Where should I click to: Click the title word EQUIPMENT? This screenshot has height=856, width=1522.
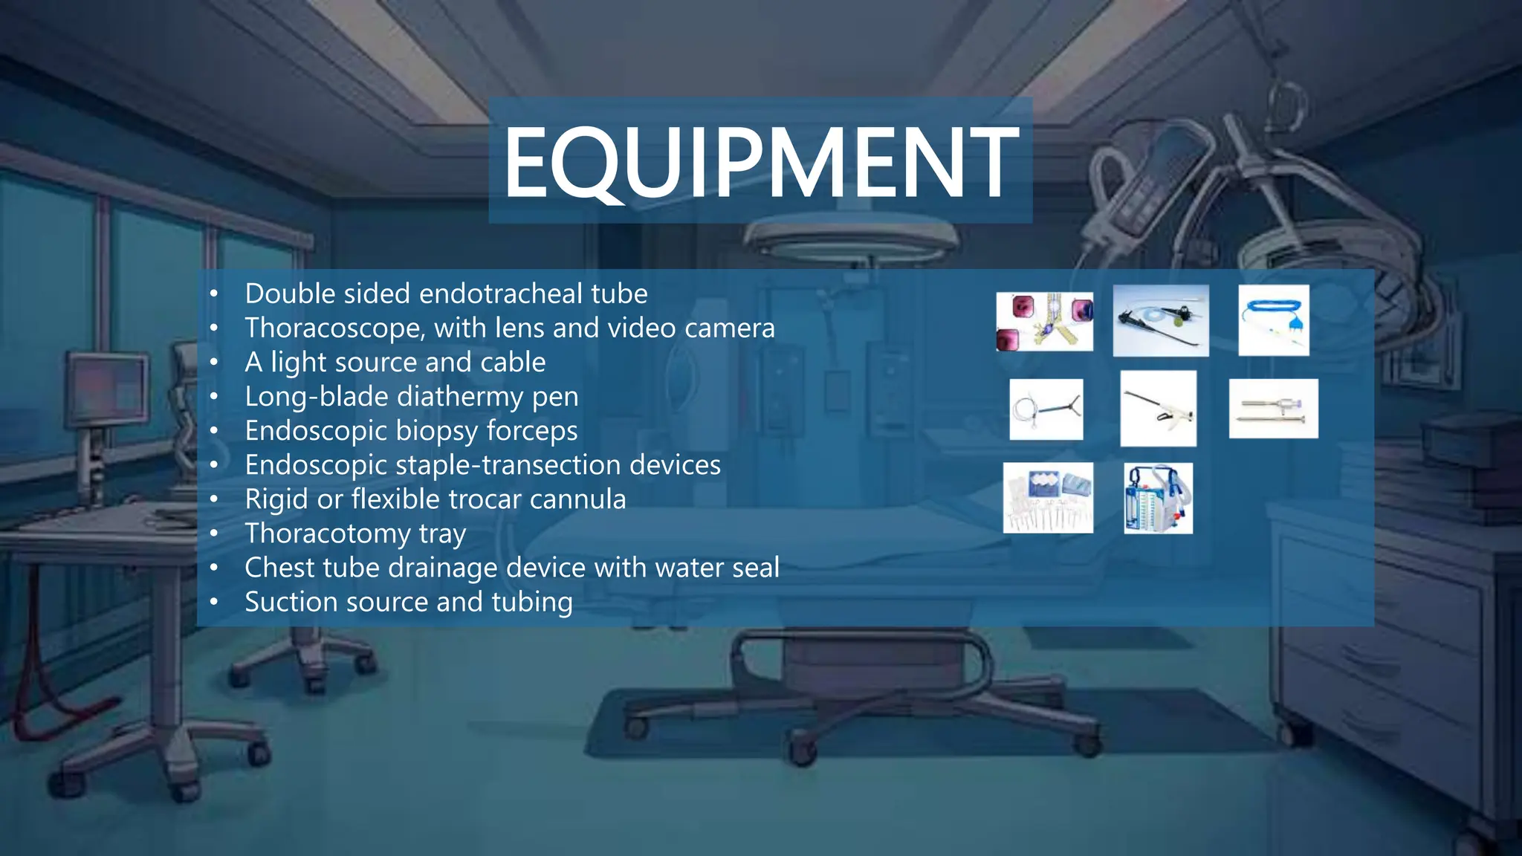pyautogui.click(x=760, y=161)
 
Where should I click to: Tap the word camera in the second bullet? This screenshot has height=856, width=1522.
pyautogui.click(x=730, y=328)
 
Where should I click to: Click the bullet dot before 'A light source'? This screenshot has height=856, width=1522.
pyautogui.click(x=214, y=363)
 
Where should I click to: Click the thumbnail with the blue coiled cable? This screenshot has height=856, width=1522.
pyautogui.click(x=1273, y=320)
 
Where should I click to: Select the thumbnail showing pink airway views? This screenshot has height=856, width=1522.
pyautogui.click(x=1044, y=322)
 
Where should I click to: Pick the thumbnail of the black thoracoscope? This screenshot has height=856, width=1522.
pyautogui.click(x=1161, y=320)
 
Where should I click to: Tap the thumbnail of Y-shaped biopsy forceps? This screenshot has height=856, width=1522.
pyautogui.click(x=1046, y=409)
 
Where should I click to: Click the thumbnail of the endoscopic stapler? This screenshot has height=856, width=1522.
pyautogui.click(x=1158, y=409)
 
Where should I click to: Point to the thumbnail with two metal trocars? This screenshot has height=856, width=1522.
pyautogui.click(x=1273, y=409)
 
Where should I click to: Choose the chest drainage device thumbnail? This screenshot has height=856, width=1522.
pyautogui.click(x=1158, y=498)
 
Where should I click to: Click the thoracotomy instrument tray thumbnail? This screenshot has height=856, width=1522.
pyautogui.click(x=1048, y=498)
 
